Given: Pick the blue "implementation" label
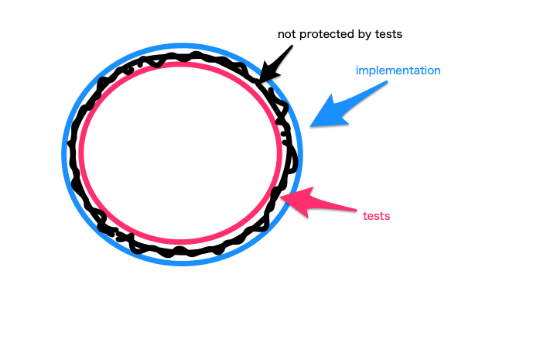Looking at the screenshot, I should coord(398,70).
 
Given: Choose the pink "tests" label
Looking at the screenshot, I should coord(376,215).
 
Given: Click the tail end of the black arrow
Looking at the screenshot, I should coord(292,47).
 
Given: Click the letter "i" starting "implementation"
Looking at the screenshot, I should coord(357,70).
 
